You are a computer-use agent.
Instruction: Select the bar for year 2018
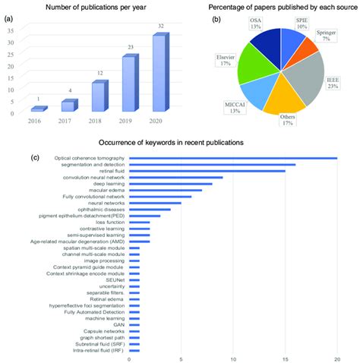pos(99,97)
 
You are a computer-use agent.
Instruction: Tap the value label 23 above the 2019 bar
pos(130,49)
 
